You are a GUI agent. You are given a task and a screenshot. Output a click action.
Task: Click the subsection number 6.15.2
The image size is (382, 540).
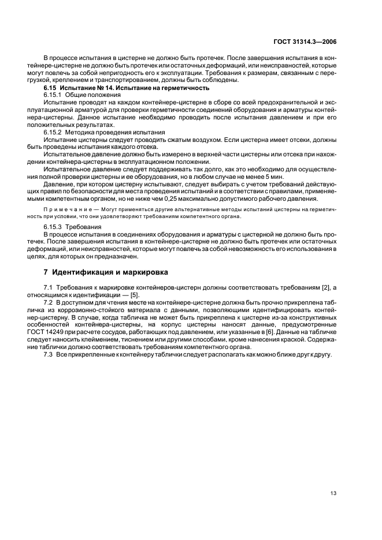click(53, 132)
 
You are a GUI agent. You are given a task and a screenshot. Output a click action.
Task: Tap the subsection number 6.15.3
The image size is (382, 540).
click(53, 227)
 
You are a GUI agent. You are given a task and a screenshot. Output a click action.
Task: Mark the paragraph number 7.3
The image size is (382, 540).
click(49, 354)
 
